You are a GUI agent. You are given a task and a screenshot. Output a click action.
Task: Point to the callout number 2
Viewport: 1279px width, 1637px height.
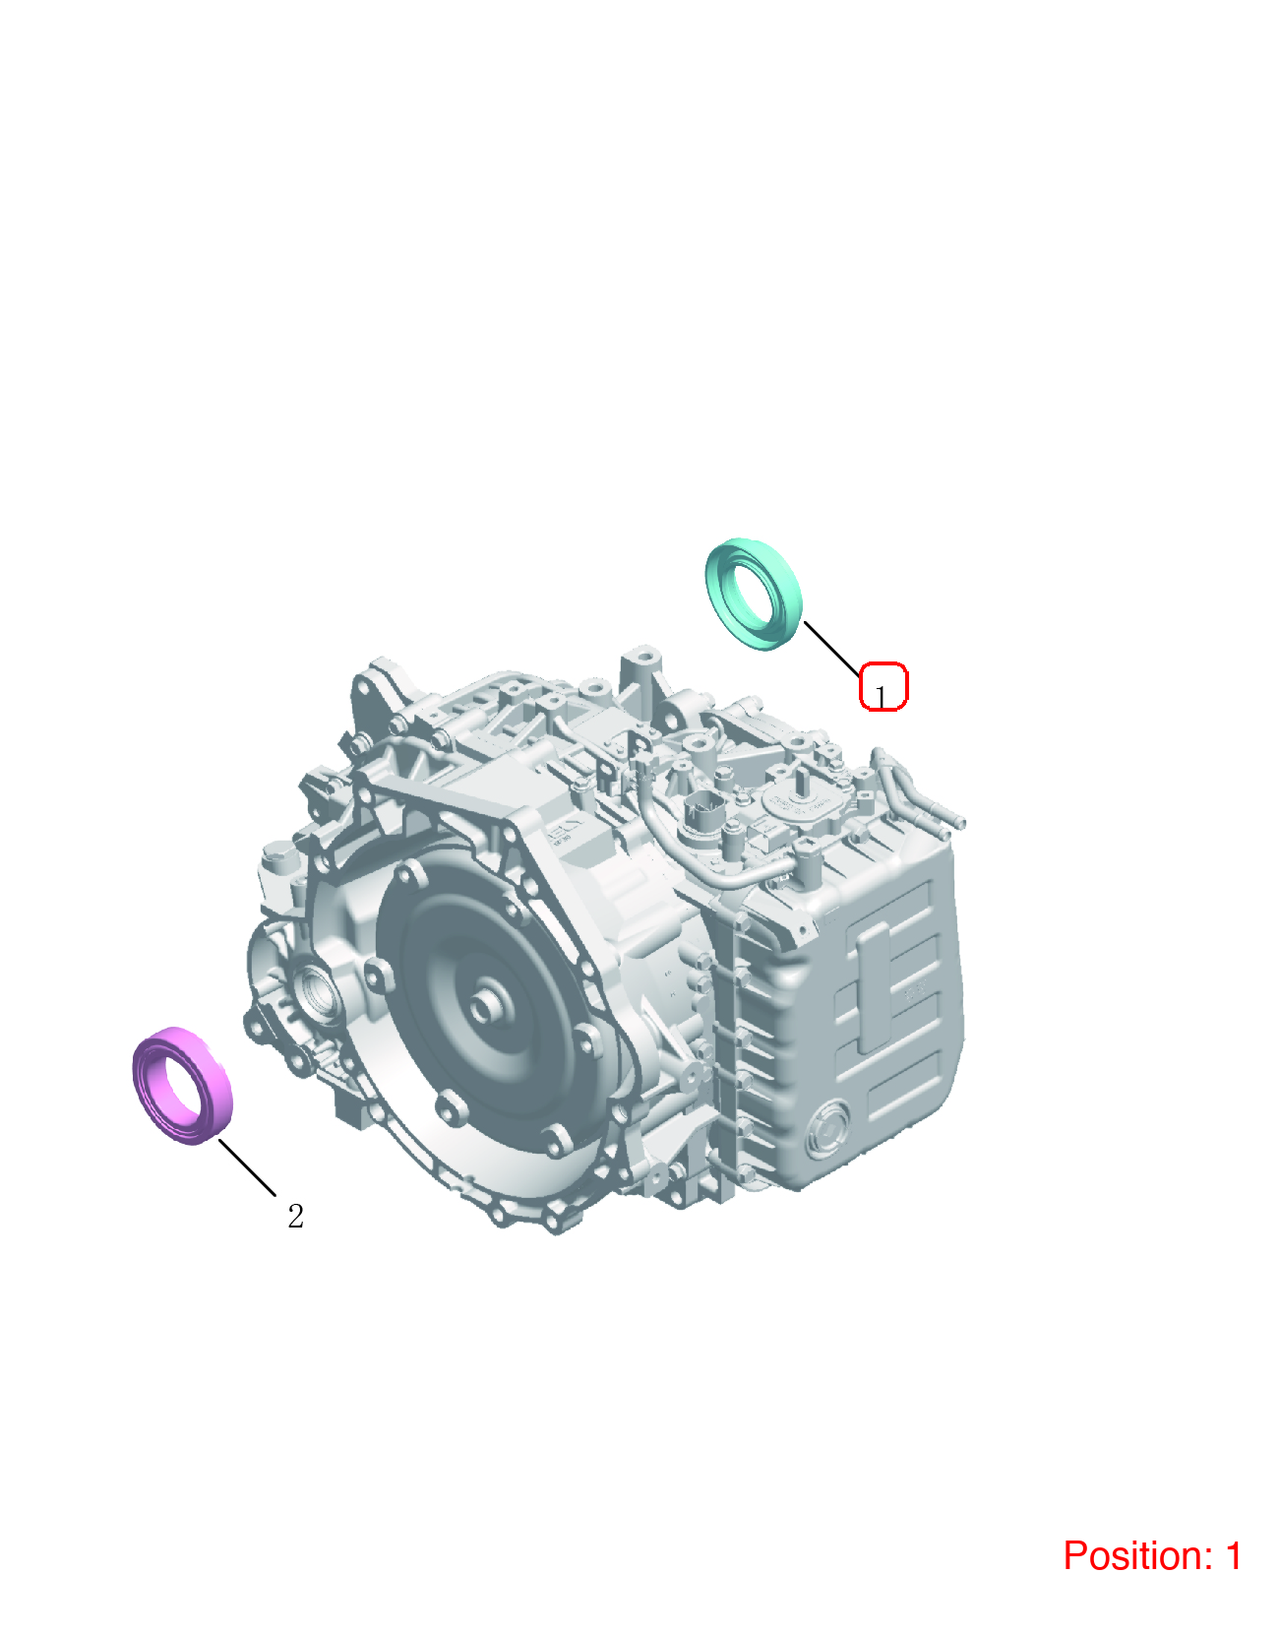coord(296,1216)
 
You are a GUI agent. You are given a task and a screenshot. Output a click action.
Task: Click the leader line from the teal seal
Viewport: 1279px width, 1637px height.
coord(831,648)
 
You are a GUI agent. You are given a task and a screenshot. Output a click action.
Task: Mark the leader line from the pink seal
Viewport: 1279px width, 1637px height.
coord(248,1166)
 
